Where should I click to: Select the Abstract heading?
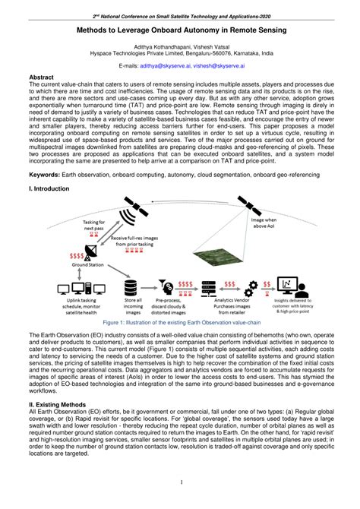point(41,77)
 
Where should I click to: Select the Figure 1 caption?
point(180,321)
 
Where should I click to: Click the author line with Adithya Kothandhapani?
point(179,46)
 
